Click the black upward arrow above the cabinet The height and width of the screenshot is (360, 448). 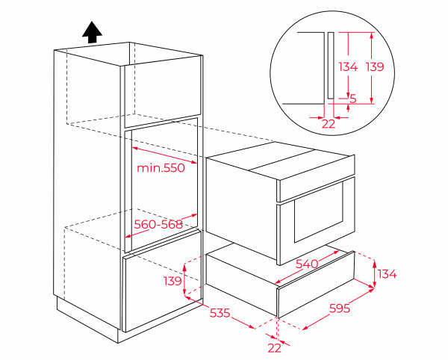click(92, 32)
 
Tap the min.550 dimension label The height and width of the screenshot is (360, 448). click(161, 168)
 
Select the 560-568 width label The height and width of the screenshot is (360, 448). click(158, 225)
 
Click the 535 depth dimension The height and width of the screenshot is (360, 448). click(220, 313)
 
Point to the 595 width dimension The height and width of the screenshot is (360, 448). click(340, 308)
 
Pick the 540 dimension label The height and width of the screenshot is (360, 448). click(307, 264)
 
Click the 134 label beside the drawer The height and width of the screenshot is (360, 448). click(388, 274)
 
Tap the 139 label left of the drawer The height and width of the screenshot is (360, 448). click(172, 281)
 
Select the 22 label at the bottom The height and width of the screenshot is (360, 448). click(274, 348)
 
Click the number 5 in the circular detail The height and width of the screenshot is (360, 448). click(353, 99)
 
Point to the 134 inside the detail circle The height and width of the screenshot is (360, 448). click(348, 67)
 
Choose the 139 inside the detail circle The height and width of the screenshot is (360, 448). click(375, 67)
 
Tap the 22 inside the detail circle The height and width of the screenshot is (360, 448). click(329, 124)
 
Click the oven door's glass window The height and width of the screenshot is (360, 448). click(319, 212)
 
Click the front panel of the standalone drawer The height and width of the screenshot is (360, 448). click(316, 285)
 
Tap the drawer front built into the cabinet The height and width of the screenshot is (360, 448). click(162, 282)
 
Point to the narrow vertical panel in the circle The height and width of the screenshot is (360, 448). click(331, 66)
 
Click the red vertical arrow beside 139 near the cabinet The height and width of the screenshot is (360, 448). click(184, 280)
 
